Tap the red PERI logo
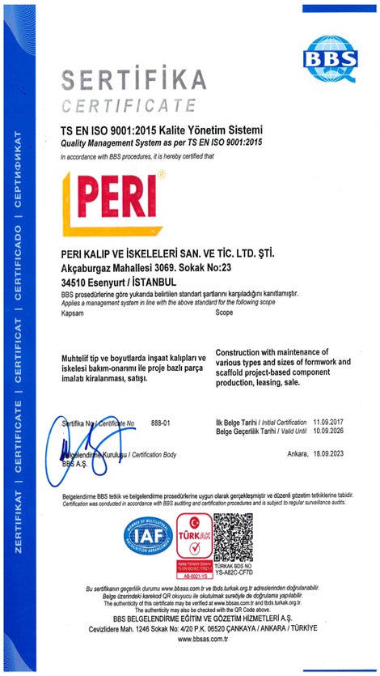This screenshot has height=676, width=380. pos(109,200)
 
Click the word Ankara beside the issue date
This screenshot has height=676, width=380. pos(298,454)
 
